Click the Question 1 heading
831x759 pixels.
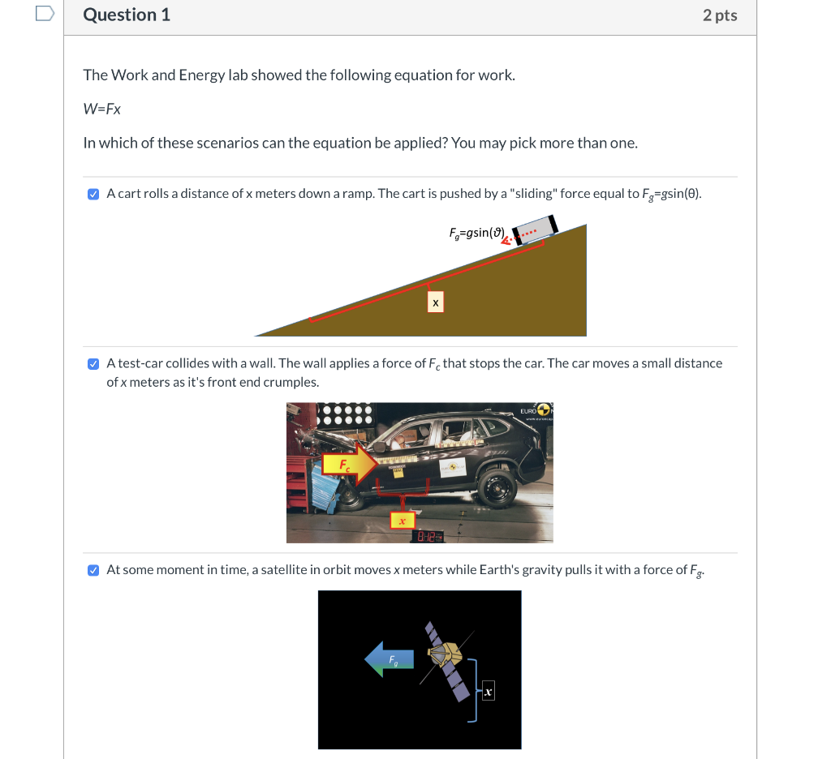(x=127, y=15)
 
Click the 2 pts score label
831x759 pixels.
(x=720, y=15)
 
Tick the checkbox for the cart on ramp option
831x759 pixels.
(x=93, y=194)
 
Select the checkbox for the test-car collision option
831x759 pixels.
(x=93, y=363)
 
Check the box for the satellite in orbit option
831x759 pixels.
(x=93, y=570)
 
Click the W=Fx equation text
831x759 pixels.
(x=102, y=109)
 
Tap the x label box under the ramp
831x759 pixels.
(x=436, y=302)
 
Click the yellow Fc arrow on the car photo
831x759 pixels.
(x=349, y=465)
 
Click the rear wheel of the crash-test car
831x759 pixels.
(x=497, y=489)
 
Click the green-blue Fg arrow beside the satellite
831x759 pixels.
(x=390, y=658)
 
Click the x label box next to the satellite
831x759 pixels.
(x=487, y=692)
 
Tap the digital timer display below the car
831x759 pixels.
(x=429, y=536)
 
